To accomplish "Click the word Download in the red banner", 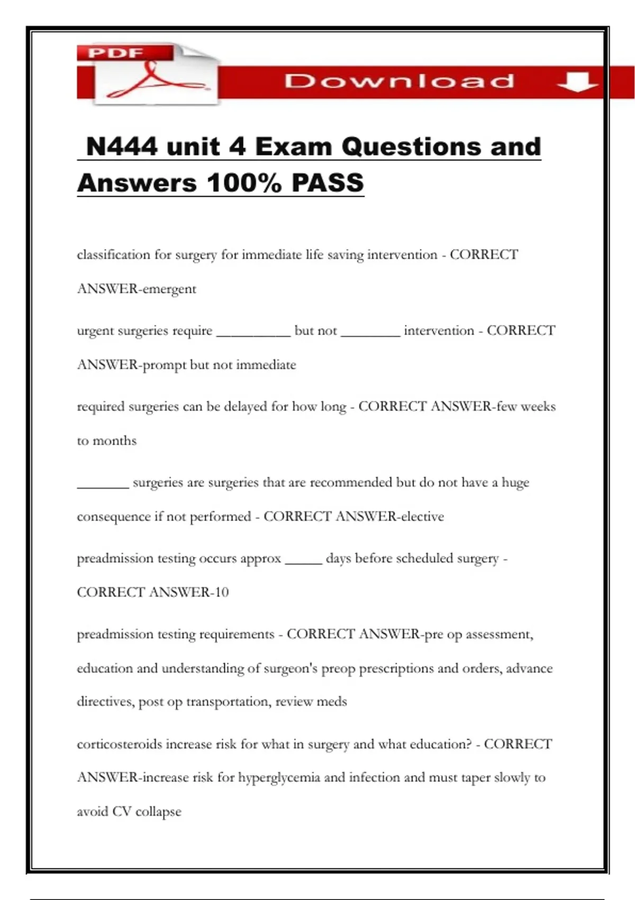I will [x=400, y=81].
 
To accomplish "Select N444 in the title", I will [x=122, y=147].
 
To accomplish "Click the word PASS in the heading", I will [x=328, y=183].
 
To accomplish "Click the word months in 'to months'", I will [x=114, y=441].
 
